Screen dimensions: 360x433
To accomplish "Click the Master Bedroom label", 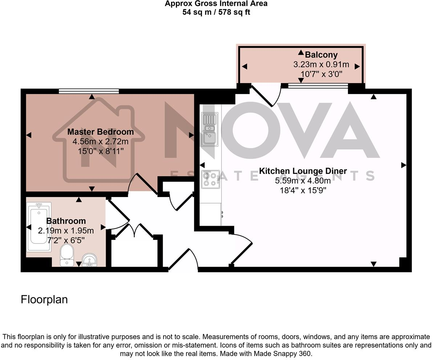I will pos(100,132).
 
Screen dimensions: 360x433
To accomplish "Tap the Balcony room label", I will pos(321,55).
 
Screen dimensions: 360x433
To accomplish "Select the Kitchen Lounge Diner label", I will pos(303,171).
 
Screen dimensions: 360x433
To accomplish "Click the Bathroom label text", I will pos(66,221).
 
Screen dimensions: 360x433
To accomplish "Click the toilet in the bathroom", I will pos(67,255).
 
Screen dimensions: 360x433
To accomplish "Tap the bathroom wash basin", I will pos(89,260).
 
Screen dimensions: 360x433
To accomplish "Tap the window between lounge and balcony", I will pos(317,86).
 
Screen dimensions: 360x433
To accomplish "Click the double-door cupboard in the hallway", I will pos(134,232).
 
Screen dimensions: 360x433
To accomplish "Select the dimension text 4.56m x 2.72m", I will pos(100,141).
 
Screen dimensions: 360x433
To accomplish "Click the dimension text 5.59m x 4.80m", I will pos(303,180).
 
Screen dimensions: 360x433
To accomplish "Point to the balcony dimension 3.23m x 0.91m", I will pos(321,65).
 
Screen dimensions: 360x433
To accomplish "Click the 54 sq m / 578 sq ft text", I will pos(216,12).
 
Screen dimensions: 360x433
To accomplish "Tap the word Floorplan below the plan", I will pos(44,300).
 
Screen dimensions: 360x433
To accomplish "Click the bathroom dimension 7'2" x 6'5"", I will pos(66,240).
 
